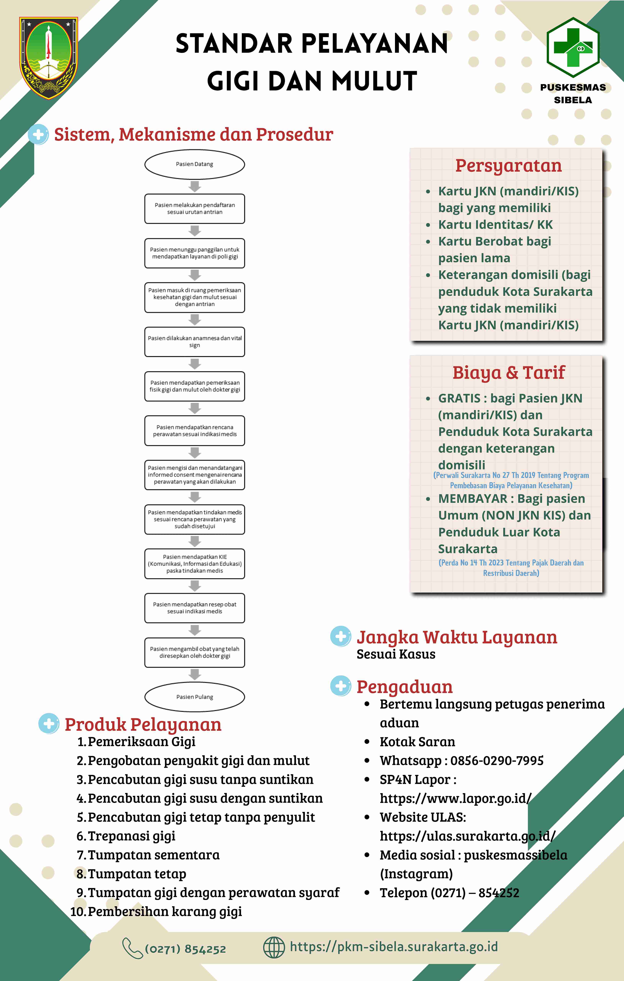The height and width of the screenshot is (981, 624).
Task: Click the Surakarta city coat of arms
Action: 48,58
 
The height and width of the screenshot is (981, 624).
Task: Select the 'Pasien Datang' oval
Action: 195,164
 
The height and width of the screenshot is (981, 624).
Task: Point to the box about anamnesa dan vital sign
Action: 195,342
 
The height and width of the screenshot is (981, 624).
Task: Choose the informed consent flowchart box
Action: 195,475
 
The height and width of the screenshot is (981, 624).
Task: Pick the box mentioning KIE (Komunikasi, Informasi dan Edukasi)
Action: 195,564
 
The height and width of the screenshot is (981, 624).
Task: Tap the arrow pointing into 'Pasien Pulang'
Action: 195,675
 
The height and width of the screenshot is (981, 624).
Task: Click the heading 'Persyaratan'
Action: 508,166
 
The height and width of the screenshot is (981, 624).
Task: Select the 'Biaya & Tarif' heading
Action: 508,372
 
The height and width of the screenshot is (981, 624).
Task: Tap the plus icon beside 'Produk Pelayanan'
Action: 49,724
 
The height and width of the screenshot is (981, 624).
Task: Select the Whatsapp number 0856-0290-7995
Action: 497,761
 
